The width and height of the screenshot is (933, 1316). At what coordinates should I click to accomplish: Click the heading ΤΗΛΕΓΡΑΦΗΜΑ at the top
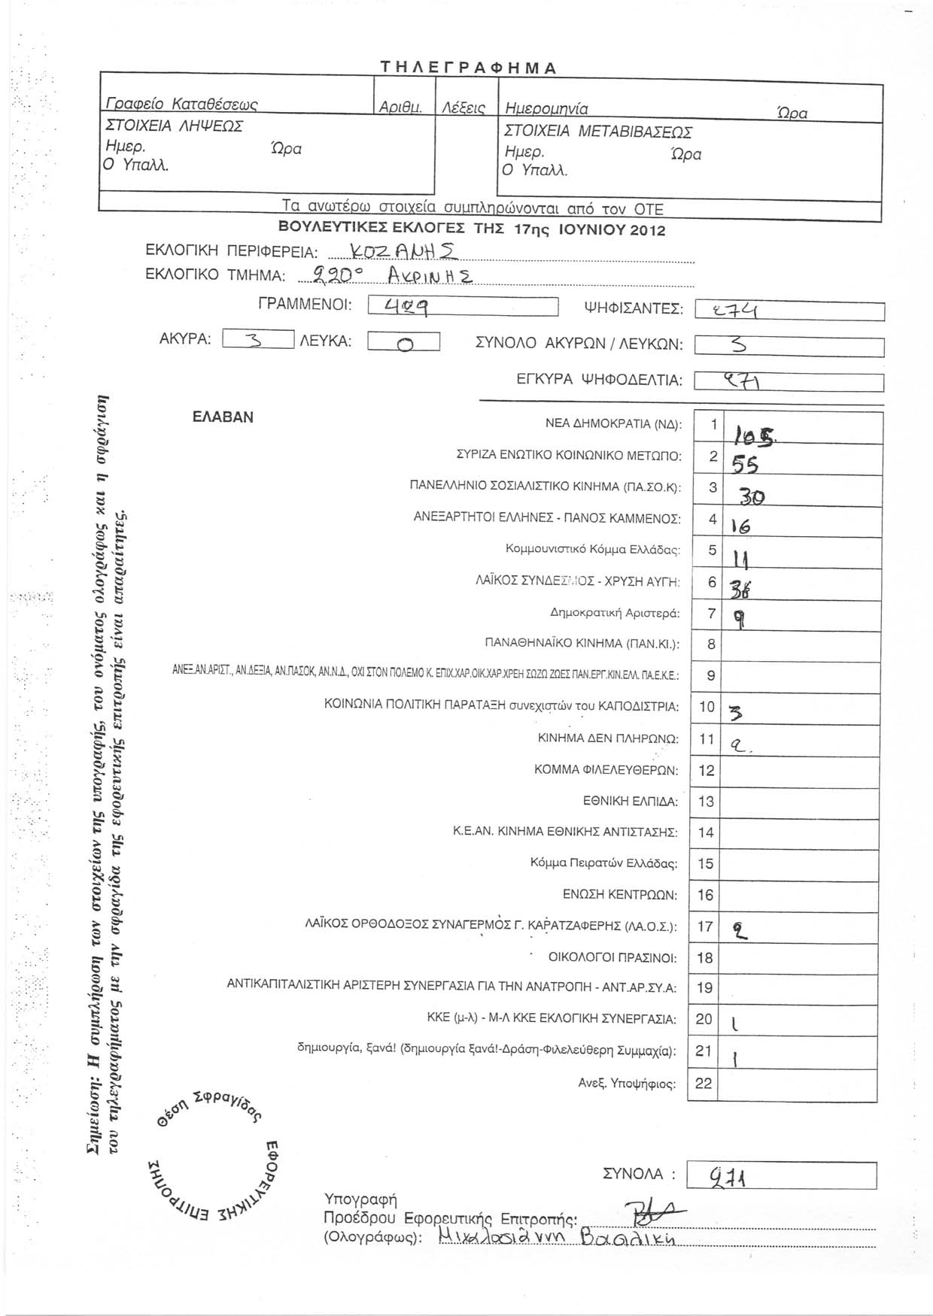pyautogui.click(x=467, y=68)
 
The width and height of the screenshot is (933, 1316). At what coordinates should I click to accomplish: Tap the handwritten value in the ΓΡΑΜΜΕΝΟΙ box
pyautogui.click(x=407, y=307)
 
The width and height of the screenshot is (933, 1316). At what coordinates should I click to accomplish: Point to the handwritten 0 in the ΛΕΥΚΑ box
pyautogui.click(x=404, y=344)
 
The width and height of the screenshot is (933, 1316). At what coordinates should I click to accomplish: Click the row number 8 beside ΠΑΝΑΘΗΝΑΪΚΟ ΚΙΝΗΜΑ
pyautogui.click(x=711, y=644)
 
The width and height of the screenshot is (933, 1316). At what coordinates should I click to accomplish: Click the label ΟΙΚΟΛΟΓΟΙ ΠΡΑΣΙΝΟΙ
pyautogui.click(x=612, y=957)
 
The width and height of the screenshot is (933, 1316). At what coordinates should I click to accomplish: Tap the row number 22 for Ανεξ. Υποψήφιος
pyautogui.click(x=705, y=1083)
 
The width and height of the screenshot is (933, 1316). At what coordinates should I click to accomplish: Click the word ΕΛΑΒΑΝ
pyautogui.click(x=223, y=417)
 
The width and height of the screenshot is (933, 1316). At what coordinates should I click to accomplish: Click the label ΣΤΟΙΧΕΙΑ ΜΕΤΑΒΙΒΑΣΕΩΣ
pyautogui.click(x=597, y=132)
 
